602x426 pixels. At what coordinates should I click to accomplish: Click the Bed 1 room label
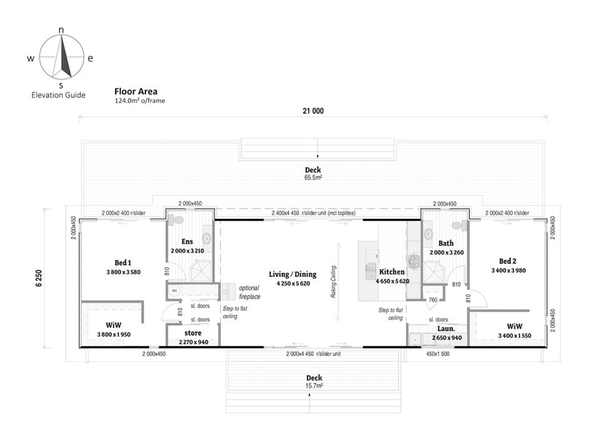(123, 262)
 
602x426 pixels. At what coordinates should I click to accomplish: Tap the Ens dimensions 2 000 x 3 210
(187, 251)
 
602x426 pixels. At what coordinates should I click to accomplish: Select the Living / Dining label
(292, 274)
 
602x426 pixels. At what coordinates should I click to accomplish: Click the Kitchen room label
(392, 272)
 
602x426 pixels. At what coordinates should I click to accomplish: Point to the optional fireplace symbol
(228, 292)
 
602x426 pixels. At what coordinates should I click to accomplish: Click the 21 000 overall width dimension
(313, 111)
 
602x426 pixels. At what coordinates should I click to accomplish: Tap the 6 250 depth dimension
(39, 278)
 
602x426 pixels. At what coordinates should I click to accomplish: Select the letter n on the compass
(61, 30)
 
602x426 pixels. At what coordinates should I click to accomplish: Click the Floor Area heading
(136, 91)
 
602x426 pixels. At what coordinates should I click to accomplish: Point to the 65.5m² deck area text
(313, 178)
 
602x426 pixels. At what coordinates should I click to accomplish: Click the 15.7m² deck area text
(314, 386)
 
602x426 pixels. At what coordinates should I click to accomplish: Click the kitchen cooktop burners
(414, 261)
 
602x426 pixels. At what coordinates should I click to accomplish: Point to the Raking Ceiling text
(333, 282)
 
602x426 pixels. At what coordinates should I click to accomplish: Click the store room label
(193, 333)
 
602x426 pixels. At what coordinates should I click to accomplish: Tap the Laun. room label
(446, 329)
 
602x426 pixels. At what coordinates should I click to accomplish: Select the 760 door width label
(433, 300)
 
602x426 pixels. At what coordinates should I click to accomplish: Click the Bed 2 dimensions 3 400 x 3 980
(509, 270)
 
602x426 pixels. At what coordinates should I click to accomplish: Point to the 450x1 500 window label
(438, 354)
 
